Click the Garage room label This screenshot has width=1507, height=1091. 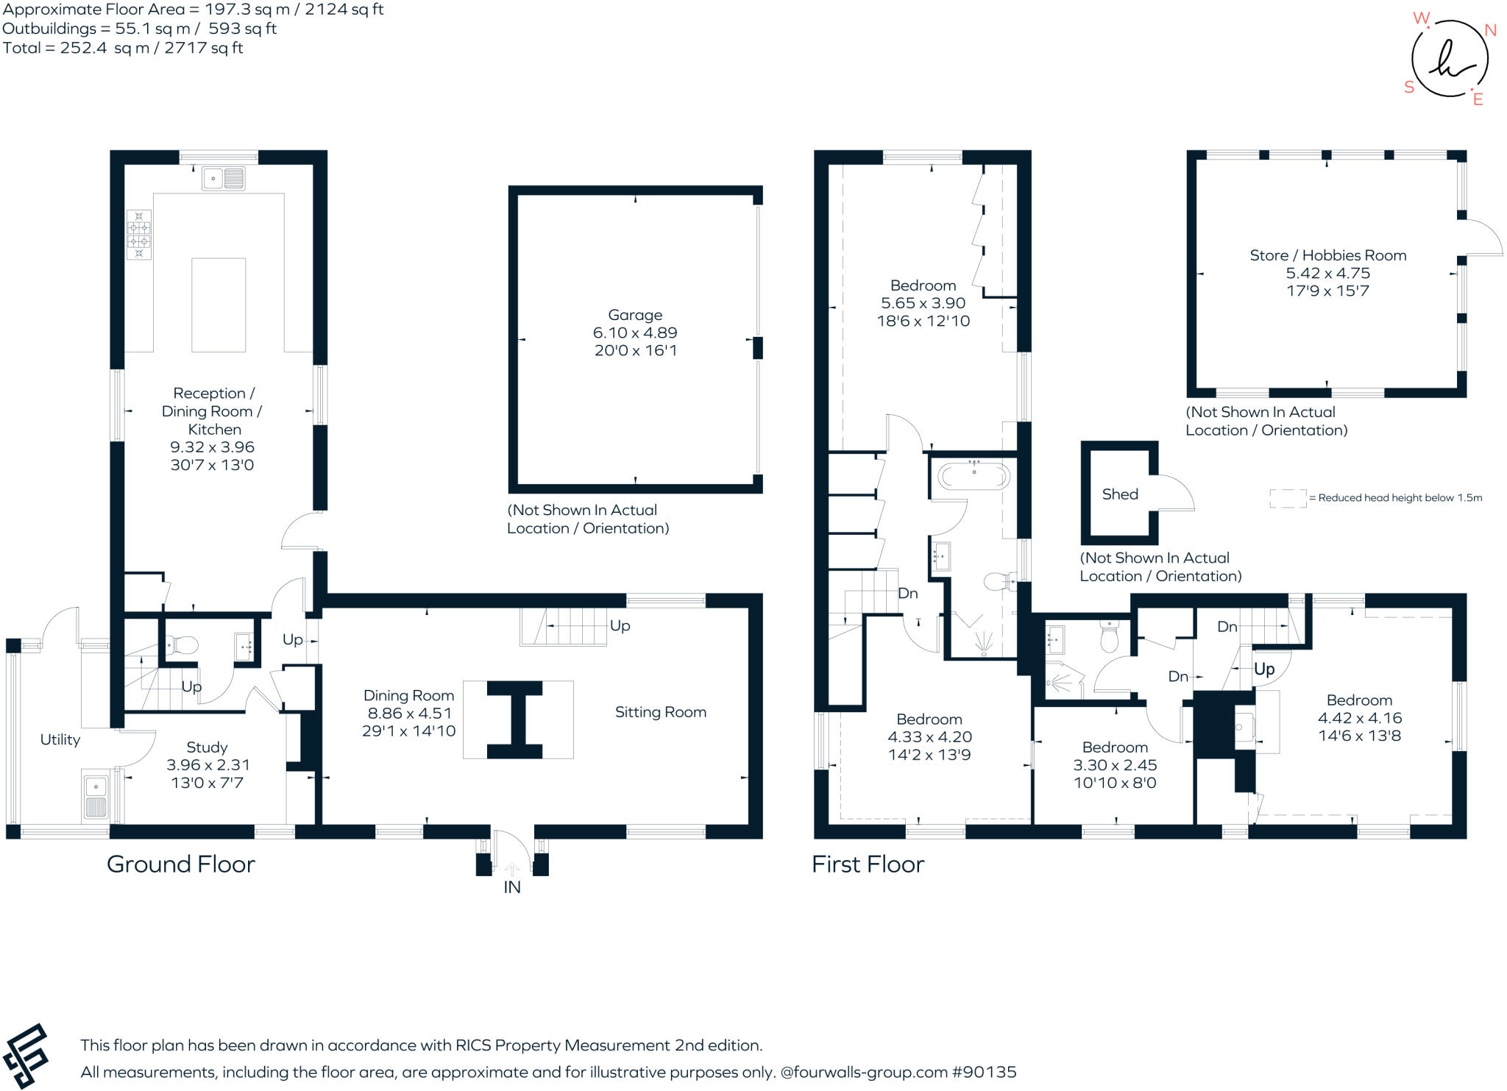click(635, 315)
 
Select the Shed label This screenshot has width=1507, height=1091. click(1119, 494)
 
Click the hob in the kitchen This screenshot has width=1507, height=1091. click(138, 235)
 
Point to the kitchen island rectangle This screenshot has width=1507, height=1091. click(219, 305)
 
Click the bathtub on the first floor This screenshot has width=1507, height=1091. click(974, 477)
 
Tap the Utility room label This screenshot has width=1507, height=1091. click(60, 739)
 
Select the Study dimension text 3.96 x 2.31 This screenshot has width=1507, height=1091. click(207, 765)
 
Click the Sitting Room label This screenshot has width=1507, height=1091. click(660, 712)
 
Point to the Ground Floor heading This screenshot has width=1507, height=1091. click(181, 864)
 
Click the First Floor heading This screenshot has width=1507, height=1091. click(868, 864)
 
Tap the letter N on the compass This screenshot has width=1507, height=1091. click(1490, 30)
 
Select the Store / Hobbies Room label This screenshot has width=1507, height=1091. click(1327, 255)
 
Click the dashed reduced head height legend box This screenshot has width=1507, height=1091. click(1287, 498)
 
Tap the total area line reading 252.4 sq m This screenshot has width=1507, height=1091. click(123, 48)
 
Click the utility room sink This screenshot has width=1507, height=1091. click(96, 797)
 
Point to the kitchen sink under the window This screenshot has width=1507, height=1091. click(223, 178)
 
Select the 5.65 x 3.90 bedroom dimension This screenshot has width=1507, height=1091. click(923, 303)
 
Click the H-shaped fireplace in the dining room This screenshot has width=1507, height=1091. click(515, 719)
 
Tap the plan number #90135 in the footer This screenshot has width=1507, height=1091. click(984, 1072)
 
